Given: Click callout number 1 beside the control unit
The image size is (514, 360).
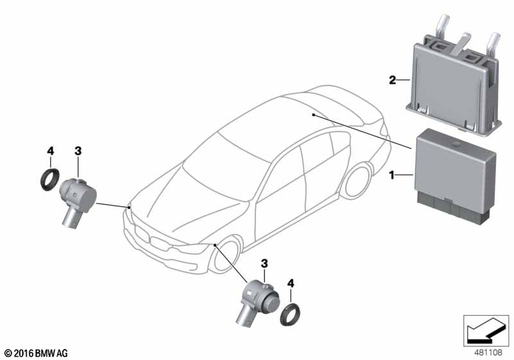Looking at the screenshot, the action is (x=391, y=175).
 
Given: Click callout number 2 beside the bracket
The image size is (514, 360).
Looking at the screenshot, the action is (x=393, y=80).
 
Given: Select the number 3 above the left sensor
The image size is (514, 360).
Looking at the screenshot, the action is (x=78, y=151).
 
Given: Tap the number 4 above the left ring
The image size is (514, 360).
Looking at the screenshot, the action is (x=50, y=151).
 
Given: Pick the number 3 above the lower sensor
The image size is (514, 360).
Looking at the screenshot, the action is (x=264, y=264).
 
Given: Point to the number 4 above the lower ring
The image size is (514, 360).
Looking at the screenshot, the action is (x=290, y=283).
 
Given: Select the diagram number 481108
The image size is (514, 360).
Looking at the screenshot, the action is (x=488, y=352).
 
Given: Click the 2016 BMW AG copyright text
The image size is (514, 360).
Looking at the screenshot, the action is (x=36, y=353).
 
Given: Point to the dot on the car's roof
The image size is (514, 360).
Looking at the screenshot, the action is (x=314, y=115).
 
